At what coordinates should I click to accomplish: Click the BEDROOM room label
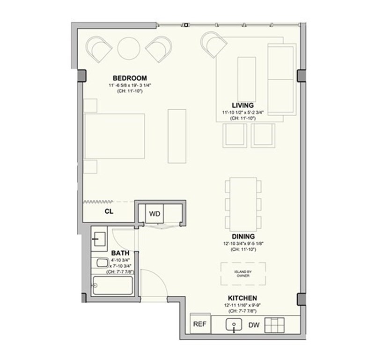pyautogui.click(x=130, y=78)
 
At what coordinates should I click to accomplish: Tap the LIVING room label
pyautogui.click(x=243, y=105)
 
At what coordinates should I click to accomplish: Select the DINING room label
pyautogui.click(x=243, y=237)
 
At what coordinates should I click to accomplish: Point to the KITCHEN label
pyautogui.click(x=243, y=298)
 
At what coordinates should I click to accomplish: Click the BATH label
pyautogui.click(x=120, y=253)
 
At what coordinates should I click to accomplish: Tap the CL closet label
pyautogui.click(x=109, y=211)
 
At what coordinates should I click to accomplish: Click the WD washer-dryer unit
pyautogui.click(x=155, y=213)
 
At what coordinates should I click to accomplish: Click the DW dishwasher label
pyautogui.click(x=254, y=325)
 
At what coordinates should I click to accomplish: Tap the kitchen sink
pyautogui.click(x=234, y=325)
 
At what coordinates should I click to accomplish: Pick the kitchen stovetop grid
pyautogui.click(x=274, y=325)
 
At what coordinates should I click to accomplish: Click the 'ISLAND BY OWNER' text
pyautogui.click(x=243, y=274)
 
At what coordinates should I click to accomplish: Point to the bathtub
pyautogui.click(x=113, y=285)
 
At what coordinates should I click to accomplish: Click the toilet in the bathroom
pyautogui.click(x=102, y=263)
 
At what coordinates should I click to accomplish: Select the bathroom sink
pyautogui.click(x=100, y=239)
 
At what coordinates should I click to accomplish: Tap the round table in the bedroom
pyautogui.click(x=129, y=48)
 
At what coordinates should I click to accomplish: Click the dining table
pyautogui.click(x=243, y=204)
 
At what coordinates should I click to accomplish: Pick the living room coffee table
pyautogui.click(x=247, y=80)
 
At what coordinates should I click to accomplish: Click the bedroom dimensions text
pyautogui.click(x=130, y=86)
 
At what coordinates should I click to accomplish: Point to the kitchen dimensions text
pyautogui.click(x=243, y=306)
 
